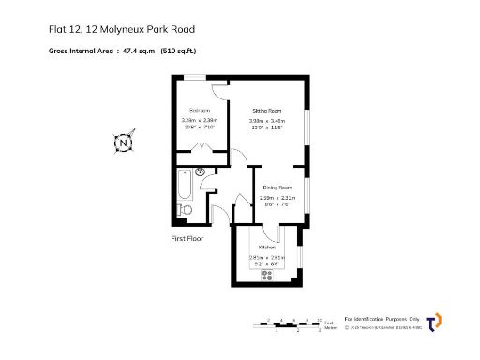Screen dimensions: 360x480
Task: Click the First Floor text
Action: tap(187, 239)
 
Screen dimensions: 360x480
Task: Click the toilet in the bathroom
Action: tap(185, 211)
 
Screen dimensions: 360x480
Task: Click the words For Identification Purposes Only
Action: tap(384, 319)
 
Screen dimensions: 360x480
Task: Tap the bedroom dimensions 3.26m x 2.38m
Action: tap(199, 120)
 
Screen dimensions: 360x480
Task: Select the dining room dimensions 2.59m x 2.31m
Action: tap(277, 198)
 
